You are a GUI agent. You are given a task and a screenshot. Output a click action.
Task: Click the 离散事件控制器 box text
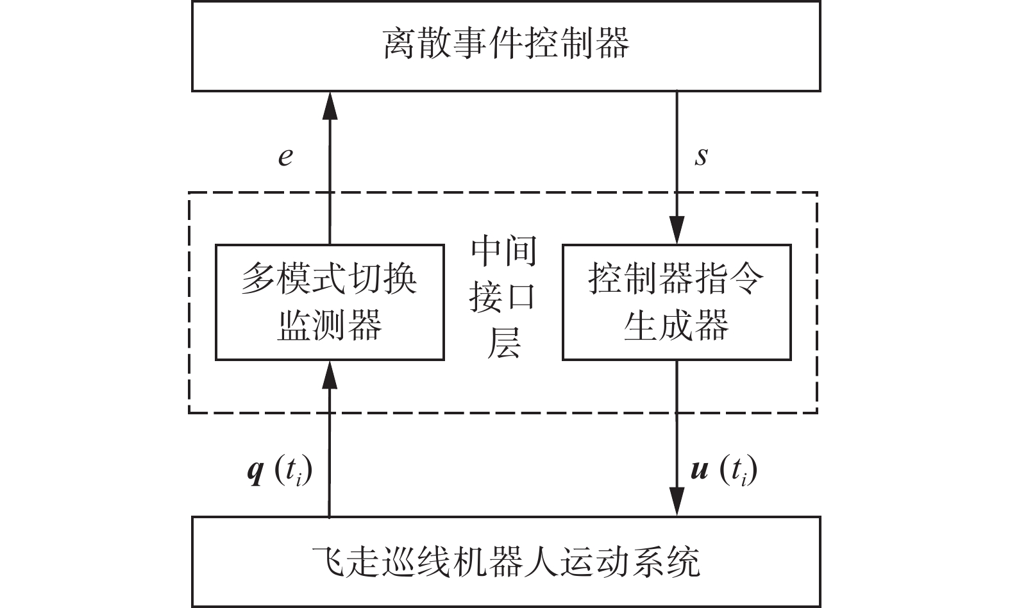[x=506, y=43]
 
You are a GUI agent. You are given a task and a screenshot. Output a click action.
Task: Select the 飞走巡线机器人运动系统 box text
[x=506, y=562]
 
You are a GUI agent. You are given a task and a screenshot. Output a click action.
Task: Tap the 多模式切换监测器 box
[x=330, y=302]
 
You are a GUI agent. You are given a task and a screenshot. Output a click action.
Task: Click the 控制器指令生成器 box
[x=677, y=302]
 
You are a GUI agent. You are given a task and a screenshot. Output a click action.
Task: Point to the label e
[x=285, y=156]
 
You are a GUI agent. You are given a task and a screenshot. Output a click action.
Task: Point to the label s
[x=702, y=156]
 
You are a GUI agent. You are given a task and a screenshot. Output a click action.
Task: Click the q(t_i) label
[x=280, y=471]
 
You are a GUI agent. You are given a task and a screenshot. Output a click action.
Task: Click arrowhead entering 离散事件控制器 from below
[x=330, y=105]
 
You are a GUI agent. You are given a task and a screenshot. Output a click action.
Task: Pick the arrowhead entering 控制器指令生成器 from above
[x=677, y=230]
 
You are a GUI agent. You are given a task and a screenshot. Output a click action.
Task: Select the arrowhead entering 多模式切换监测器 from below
[x=330, y=374]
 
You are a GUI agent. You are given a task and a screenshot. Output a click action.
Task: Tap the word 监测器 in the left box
[x=330, y=325]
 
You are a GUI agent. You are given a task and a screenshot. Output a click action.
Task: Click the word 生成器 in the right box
[x=677, y=325]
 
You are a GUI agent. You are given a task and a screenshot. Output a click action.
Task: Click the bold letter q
[x=255, y=472]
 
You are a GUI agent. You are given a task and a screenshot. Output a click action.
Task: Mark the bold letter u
[x=699, y=471]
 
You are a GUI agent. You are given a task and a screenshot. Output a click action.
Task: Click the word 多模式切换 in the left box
[x=330, y=280]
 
